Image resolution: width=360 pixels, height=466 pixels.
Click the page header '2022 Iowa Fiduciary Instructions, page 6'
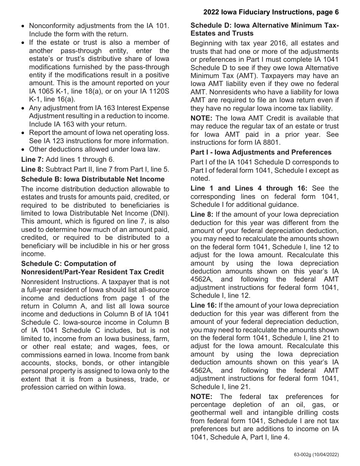[271, 12]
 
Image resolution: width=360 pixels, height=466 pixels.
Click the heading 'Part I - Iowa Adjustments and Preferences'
[261, 152]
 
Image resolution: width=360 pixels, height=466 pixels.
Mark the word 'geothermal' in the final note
[207, 413]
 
